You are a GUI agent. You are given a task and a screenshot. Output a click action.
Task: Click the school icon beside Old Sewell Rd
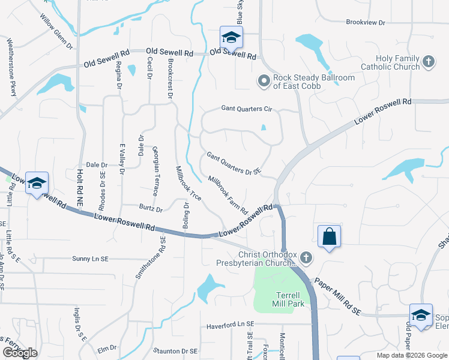231,38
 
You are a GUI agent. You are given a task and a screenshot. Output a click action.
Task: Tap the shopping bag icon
330,236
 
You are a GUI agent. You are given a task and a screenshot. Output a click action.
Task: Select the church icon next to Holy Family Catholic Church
429,61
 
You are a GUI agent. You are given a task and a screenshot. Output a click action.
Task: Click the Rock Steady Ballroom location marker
264,80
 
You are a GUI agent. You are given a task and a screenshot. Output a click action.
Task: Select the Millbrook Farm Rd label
228,195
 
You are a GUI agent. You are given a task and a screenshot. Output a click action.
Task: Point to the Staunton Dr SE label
175,350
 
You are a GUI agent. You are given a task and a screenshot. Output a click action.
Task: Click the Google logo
20,353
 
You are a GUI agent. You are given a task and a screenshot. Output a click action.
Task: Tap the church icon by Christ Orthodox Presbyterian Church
306,258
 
